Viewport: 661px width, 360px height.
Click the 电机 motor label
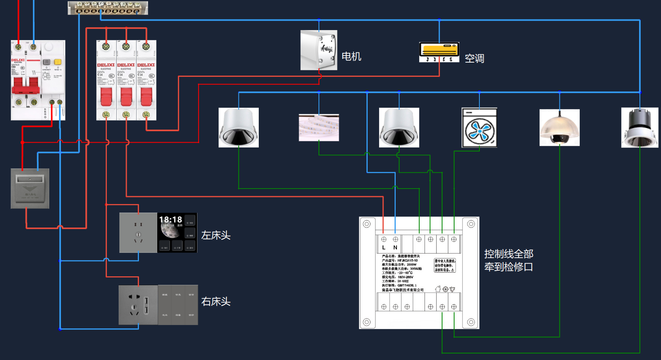click(351, 56)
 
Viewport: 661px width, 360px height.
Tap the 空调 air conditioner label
click(474, 59)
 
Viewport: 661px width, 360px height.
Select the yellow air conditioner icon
click(439, 52)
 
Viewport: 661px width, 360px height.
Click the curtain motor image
click(319, 50)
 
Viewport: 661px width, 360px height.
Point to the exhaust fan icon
click(479, 128)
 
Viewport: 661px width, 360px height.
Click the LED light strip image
click(319, 128)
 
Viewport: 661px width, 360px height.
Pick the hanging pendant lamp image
click(559, 128)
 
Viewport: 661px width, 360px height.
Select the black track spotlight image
click(639, 128)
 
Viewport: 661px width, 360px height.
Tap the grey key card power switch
click(30, 189)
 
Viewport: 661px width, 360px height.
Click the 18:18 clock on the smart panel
click(171, 219)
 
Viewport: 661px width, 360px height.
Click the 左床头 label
click(216, 235)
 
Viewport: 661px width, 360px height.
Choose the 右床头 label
click(216, 301)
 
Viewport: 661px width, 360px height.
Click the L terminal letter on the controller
click(384, 247)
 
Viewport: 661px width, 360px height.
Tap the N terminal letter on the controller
click(395, 247)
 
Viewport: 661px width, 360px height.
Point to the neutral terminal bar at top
click(108, 8)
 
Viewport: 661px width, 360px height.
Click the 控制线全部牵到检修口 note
click(509, 260)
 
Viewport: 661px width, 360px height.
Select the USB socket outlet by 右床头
click(138, 305)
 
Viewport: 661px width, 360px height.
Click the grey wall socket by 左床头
click(138, 233)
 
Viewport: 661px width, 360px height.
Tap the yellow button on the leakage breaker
click(58, 62)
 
